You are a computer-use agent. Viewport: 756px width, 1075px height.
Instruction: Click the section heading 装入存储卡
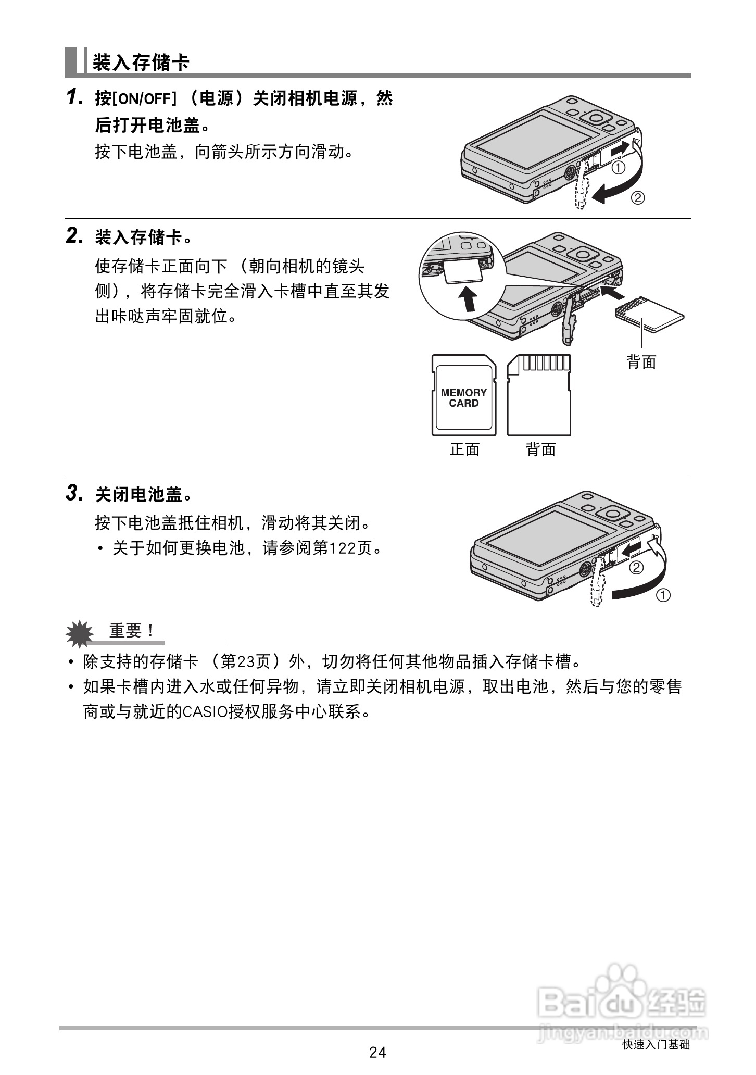(141, 63)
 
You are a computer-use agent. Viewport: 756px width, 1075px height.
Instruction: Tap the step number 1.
(74, 97)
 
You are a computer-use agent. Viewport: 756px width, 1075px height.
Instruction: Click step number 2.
(74, 236)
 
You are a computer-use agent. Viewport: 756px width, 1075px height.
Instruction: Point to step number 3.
(74, 493)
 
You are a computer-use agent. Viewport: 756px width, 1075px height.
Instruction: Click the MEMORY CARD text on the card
(463, 398)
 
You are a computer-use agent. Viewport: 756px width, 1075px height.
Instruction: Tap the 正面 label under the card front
(464, 449)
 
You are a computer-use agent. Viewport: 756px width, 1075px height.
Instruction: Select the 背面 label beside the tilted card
(641, 361)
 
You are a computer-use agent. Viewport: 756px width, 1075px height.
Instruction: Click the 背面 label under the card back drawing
(541, 449)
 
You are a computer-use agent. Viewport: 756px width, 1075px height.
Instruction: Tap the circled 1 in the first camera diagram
(618, 168)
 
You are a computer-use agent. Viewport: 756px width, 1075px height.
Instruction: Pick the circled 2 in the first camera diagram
(638, 198)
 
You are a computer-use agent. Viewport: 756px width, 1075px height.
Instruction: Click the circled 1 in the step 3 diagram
(663, 595)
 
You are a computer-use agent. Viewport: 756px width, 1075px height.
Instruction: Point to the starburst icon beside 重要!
(80, 633)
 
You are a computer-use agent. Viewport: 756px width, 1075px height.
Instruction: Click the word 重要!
(132, 631)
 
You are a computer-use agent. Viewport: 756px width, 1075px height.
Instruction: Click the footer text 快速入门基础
(656, 1045)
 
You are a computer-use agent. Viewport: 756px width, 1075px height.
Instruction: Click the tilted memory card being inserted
(650, 315)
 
